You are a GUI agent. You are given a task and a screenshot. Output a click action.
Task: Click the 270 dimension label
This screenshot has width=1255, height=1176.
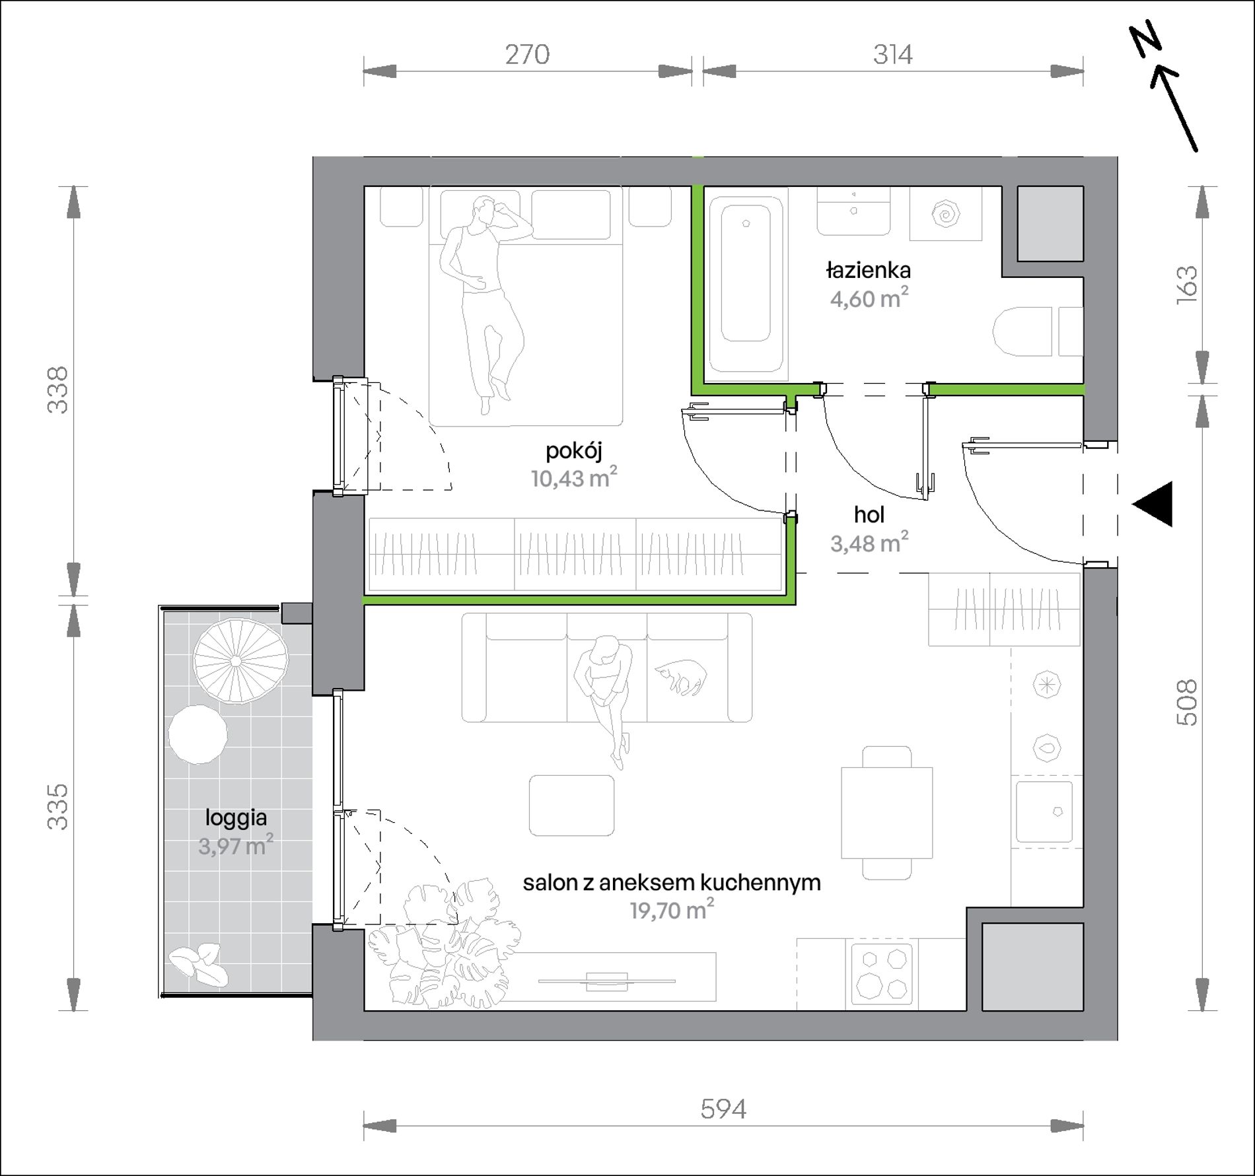[x=527, y=54]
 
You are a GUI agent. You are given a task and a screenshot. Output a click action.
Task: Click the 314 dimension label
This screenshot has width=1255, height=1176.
[x=893, y=54]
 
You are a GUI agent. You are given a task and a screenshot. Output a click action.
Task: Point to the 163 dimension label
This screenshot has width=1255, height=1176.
[x=1187, y=285]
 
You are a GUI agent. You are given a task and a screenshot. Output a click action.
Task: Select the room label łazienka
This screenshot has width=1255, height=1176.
[x=869, y=270]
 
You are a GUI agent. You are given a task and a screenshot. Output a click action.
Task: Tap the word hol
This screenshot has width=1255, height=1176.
[x=869, y=514]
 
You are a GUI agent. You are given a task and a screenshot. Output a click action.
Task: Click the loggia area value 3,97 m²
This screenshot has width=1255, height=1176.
[x=236, y=845]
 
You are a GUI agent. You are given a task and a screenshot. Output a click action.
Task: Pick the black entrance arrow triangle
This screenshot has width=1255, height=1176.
[x=1153, y=504]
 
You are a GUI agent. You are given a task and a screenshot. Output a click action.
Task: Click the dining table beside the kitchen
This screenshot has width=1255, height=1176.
[x=886, y=812]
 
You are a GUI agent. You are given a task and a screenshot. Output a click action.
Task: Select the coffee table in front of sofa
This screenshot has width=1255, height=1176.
[x=571, y=805]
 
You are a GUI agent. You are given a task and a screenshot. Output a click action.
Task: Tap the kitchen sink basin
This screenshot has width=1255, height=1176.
[x=1044, y=812]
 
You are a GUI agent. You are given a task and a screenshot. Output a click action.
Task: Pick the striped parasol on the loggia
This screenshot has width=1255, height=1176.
[x=240, y=662]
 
